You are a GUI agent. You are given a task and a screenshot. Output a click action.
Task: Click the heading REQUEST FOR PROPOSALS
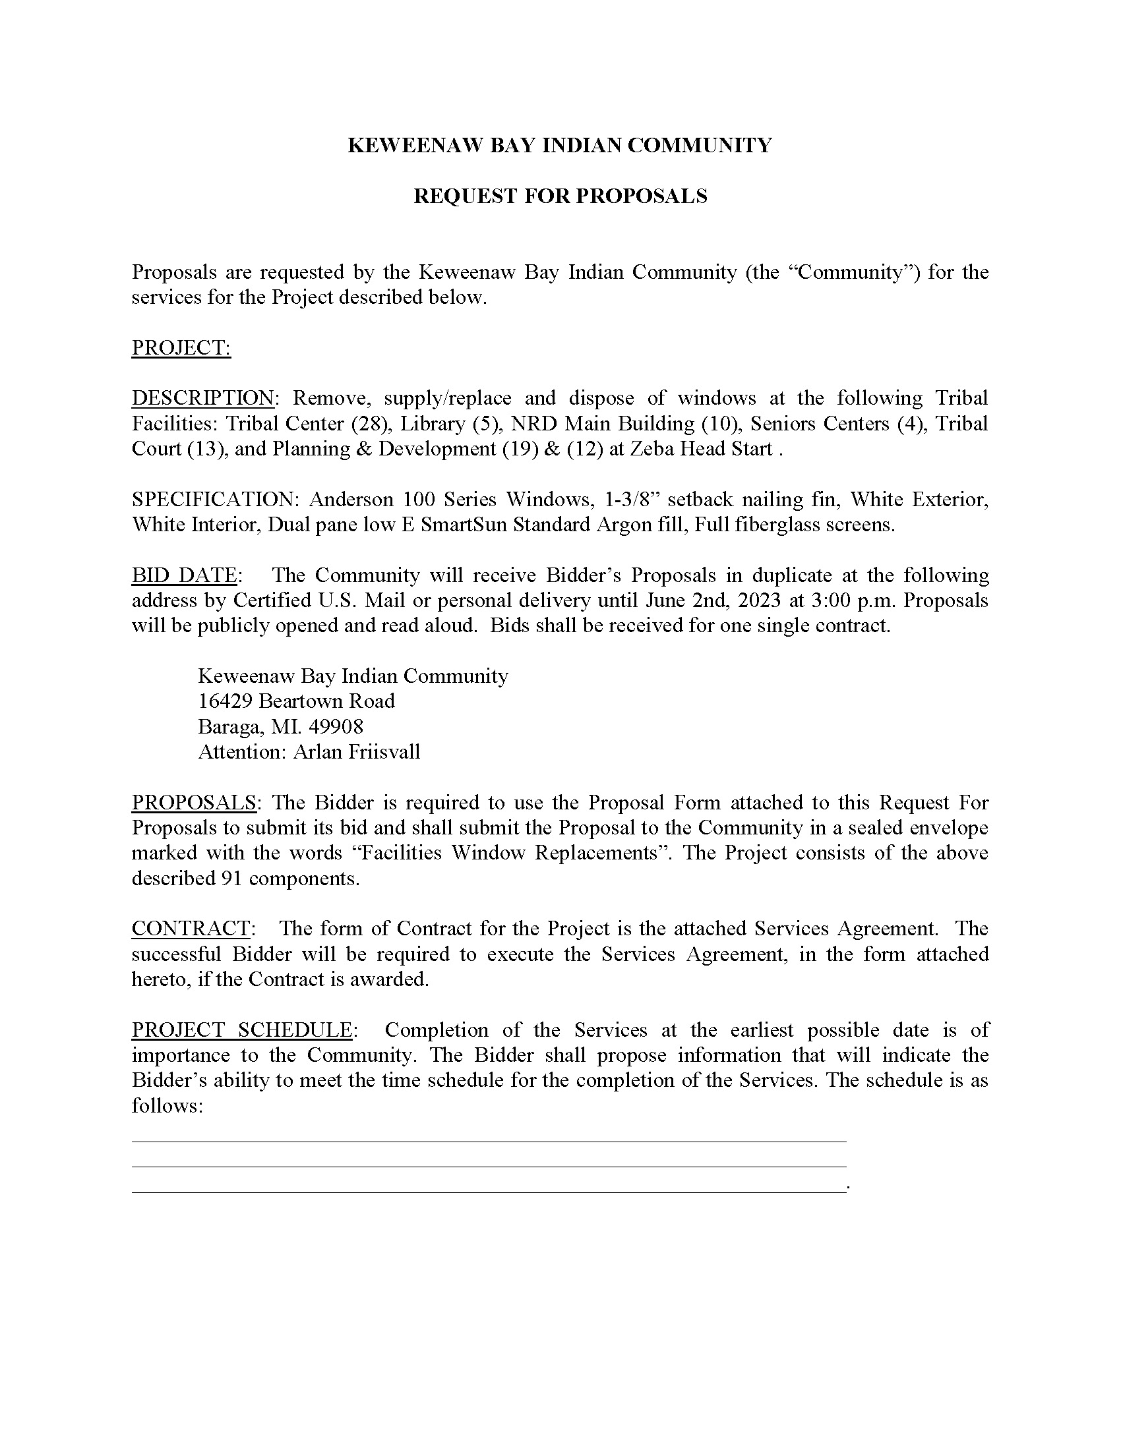[560, 196]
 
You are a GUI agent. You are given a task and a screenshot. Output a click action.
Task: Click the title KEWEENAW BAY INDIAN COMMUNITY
[560, 146]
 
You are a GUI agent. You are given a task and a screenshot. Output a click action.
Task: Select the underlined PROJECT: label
[181, 347]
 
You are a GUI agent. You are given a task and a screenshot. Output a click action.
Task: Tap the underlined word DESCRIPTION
[202, 397]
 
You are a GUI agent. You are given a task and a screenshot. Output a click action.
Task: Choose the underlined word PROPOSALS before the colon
[194, 802]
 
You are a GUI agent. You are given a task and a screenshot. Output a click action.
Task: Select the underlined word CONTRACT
[191, 928]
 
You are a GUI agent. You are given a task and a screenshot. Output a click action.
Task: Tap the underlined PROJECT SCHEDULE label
[242, 1029]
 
